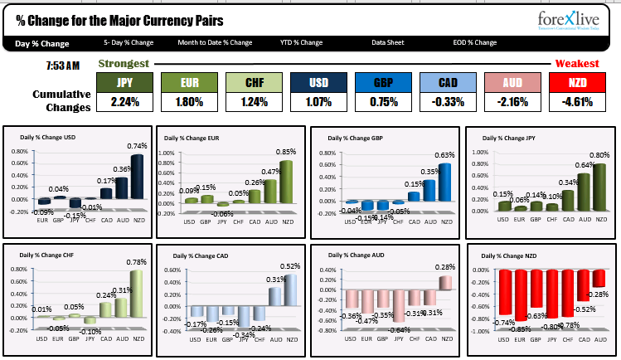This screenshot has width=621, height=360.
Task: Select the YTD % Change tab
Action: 300,42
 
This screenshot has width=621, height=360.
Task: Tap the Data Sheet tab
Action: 388,42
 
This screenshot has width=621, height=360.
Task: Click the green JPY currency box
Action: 124,83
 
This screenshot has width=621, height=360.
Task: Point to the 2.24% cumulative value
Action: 124,103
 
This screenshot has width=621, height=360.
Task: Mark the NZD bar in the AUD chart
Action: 446,283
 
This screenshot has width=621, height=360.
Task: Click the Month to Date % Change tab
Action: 215,42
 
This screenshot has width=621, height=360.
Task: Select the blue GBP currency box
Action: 383,83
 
